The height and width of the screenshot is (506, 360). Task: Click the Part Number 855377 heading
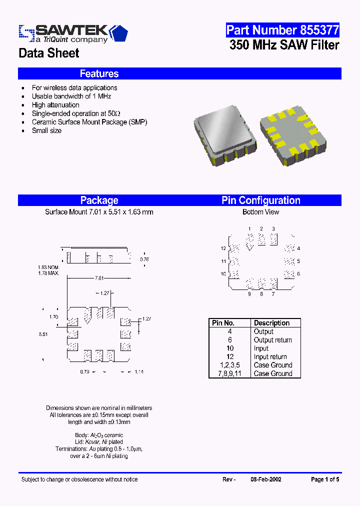pyautogui.click(x=282, y=30)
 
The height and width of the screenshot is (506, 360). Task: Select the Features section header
pyautogui.click(x=99, y=74)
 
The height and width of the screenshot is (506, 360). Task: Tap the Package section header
pyautogui.click(x=99, y=200)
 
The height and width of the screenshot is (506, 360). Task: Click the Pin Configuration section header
pyautogui.click(x=261, y=200)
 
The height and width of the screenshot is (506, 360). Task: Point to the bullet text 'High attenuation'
pyautogui.click(x=55, y=105)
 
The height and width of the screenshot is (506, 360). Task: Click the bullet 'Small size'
pyautogui.click(x=46, y=130)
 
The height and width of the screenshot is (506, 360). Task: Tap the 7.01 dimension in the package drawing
pyautogui.click(x=99, y=278)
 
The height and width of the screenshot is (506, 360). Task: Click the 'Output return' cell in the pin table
pyautogui.click(x=272, y=340)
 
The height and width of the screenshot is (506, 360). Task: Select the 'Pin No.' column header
pyautogui.click(x=223, y=323)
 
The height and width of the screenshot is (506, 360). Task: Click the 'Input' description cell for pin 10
pyautogui.click(x=261, y=348)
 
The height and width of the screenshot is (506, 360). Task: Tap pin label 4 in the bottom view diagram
pyautogui.click(x=298, y=248)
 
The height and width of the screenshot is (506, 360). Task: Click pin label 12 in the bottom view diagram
pyautogui.click(x=223, y=248)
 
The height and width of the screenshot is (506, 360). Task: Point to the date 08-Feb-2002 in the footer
pyautogui.click(x=265, y=479)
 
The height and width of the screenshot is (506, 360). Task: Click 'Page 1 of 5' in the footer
pyautogui.click(x=325, y=479)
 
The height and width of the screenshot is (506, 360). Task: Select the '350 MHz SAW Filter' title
pyautogui.click(x=284, y=45)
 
